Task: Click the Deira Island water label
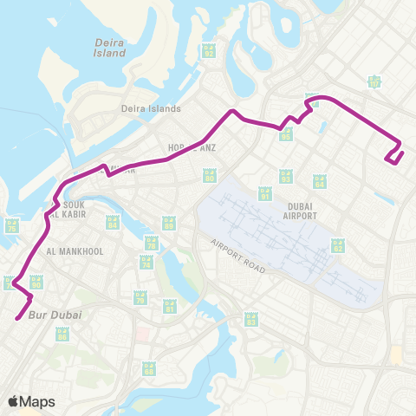(x=110, y=47)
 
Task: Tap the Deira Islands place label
(x=151, y=109)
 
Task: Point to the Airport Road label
(x=237, y=257)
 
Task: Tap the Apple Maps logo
(x=32, y=401)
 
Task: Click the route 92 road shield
(x=209, y=50)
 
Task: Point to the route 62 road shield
(x=339, y=245)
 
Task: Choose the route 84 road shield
(x=113, y=223)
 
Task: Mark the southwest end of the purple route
(x=16, y=320)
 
